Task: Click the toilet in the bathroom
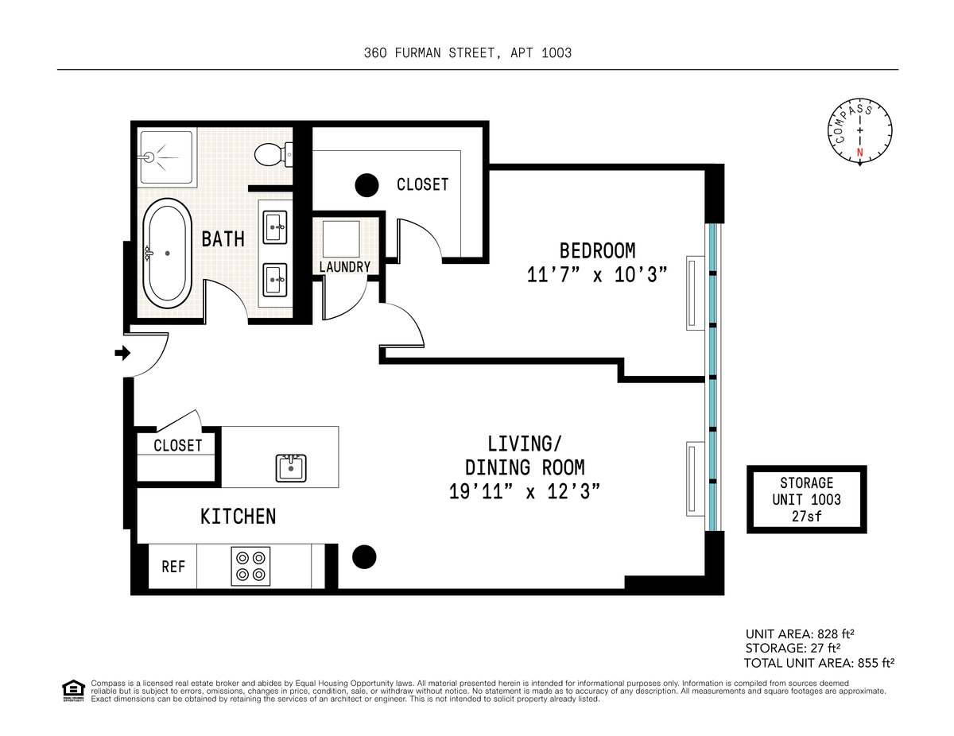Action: (x=273, y=154)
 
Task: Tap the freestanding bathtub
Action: (x=167, y=254)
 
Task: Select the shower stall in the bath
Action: (x=166, y=157)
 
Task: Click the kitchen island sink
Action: (x=291, y=468)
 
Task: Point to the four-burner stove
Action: (x=250, y=566)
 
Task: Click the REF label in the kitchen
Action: (x=173, y=567)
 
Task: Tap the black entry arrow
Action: (x=122, y=353)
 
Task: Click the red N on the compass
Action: (x=859, y=153)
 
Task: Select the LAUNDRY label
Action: (x=345, y=267)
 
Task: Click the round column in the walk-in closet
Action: (x=366, y=185)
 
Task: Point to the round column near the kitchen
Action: (x=364, y=557)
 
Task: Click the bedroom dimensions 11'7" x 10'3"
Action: (x=597, y=275)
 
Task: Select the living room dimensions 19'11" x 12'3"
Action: (x=524, y=491)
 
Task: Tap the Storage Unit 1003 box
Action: (x=806, y=499)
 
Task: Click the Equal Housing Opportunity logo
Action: (x=73, y=691)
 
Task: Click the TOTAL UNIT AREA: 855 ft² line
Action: (x=819, y=663)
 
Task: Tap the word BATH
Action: (x=223, y=239)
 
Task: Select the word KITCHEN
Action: (x=238, y=517)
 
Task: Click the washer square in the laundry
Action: (x=341, y=239)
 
